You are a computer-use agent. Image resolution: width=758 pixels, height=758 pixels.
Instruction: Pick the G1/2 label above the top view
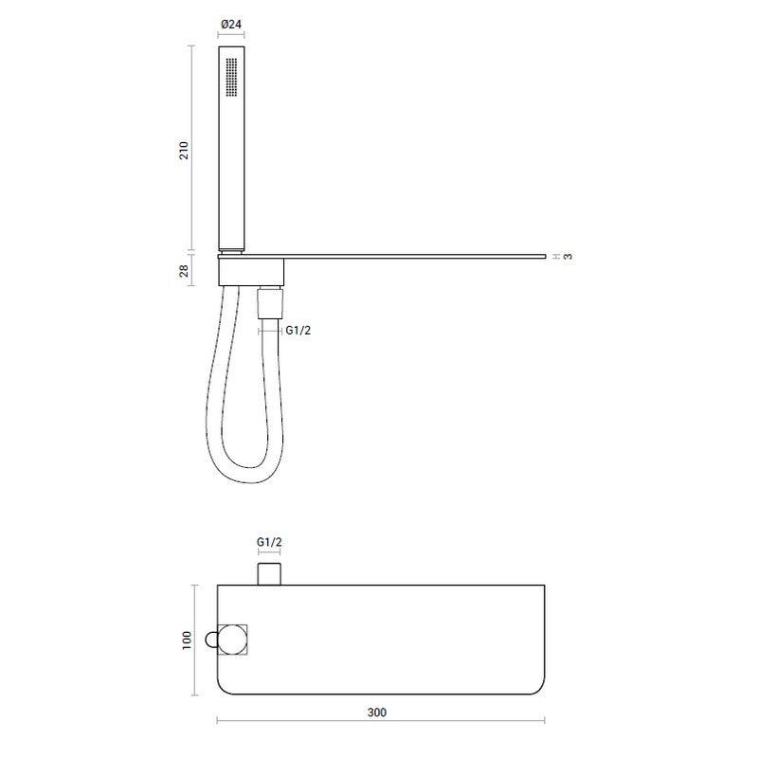[x=269, y=542]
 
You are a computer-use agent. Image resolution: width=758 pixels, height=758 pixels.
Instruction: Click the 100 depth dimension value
[x=187, y=641]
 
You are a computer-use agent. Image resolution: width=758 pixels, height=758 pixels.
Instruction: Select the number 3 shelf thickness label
[x=567, y=256]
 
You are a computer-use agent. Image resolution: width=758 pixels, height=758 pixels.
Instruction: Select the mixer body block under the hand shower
[x=250, y=272]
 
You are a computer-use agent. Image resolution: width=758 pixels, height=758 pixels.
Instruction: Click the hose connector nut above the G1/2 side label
[x=269, y=305]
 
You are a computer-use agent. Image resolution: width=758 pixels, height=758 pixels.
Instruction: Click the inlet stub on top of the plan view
[x=269, y=573]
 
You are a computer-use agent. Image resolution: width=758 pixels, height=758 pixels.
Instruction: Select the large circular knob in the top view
[x=229, y=641]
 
